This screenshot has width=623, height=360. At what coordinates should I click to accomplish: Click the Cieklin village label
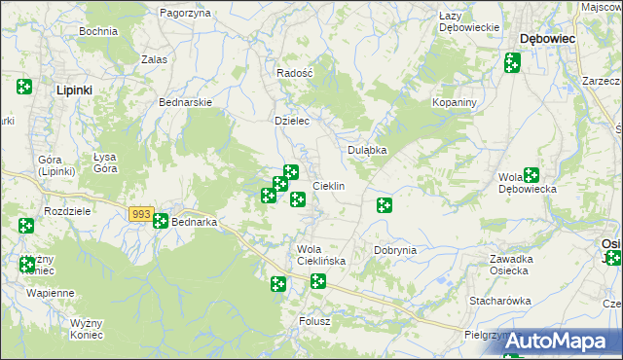[x=328, y=186]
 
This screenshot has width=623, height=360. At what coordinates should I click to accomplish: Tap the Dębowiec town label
[x=548, y=38]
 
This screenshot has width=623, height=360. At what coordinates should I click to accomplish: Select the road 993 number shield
[x=140, y=214]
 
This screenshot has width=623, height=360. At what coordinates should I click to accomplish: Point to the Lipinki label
[x=74, y=90]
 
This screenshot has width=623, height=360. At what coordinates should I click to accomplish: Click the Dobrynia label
[x=395, y=250]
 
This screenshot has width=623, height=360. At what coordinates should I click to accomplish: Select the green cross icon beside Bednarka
[x=161, y=221]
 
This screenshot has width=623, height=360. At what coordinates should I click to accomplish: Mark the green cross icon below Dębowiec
[x=512, y=63]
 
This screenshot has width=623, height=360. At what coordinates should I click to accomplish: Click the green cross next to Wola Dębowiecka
[x=531, y=176]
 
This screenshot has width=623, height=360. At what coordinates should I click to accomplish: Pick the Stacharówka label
[x=500, y=301]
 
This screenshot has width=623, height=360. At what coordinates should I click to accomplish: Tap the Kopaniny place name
[x=454, y=102]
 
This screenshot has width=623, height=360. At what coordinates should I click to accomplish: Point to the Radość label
[x=294, y=73]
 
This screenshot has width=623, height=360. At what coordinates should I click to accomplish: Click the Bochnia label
[x=98, y=31]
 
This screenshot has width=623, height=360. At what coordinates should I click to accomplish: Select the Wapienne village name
[x=51, y=293]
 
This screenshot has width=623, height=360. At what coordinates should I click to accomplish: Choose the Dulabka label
[x=368, y=151]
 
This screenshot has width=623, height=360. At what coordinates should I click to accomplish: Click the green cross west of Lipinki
[x=24, y=88]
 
